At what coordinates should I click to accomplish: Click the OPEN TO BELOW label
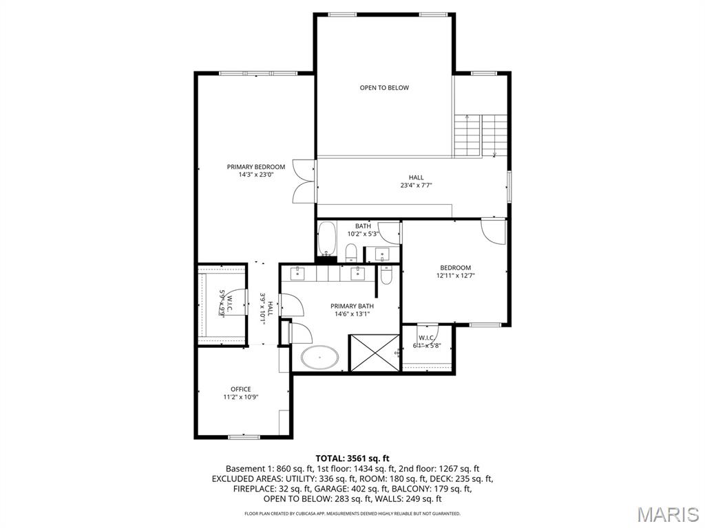click(x=384, y=88)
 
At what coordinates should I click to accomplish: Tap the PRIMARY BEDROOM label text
click(x=256, y=167)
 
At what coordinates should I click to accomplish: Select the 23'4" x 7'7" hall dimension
click(x=416, y=186)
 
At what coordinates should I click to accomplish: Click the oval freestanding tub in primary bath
click(x=320, y=357)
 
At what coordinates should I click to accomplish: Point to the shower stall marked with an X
click(x=374, y=353)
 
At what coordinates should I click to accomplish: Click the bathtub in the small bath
click(x=326, y=239)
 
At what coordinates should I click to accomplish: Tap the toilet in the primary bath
click(x=386, y=276)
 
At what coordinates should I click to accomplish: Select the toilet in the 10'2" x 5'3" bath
click(x=351, y=252)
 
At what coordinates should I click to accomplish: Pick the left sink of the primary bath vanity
click(x=297, y=274)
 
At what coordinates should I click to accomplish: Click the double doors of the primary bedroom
click(x=303, y=181)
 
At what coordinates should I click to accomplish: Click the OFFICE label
click(x=241, y=389)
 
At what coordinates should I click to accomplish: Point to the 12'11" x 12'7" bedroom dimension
click(x=456, y=276)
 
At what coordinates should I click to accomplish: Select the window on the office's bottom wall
click(x=244, y=437)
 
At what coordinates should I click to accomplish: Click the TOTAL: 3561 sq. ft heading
click(x=352, y=458)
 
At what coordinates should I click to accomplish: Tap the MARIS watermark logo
click(x=668, y=514)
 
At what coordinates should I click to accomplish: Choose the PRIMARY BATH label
click(x=352, y=307)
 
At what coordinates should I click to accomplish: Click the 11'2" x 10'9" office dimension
click(x=241, y=397)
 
